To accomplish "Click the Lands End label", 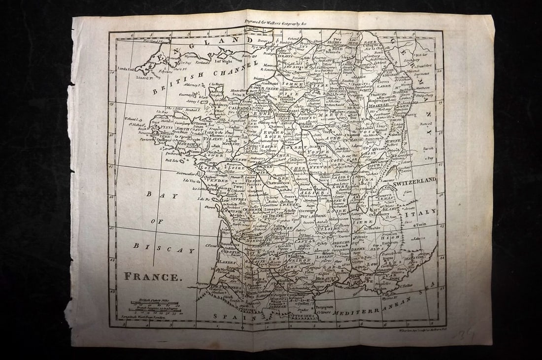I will [x=127, y=69].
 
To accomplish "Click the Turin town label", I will [x=420, y=225].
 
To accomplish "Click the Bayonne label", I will [x=203, y=284].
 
